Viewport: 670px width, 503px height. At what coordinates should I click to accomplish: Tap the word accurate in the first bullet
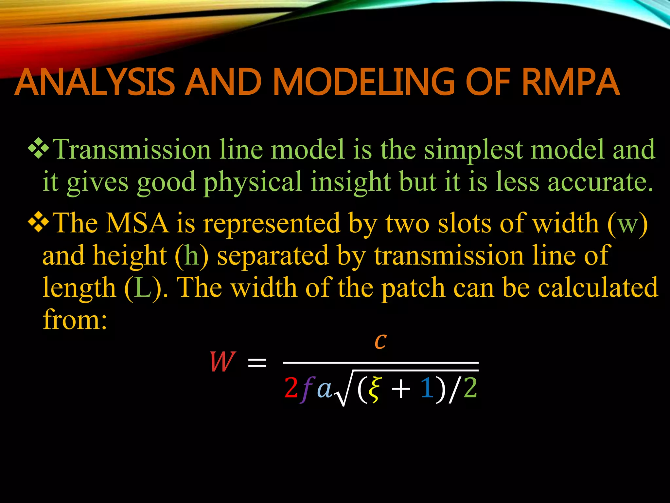click(600, 182)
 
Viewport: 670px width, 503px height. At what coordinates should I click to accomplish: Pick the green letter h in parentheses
click(192, 255)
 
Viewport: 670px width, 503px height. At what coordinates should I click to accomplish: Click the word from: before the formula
click(75, 320)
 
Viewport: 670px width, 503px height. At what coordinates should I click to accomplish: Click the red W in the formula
click(222, 362)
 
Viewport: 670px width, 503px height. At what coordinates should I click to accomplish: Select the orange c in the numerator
click(380, 341)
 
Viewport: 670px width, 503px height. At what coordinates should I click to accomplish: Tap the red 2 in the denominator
click(291, 388)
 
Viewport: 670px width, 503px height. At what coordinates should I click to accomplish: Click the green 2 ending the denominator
click(470, 388)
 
